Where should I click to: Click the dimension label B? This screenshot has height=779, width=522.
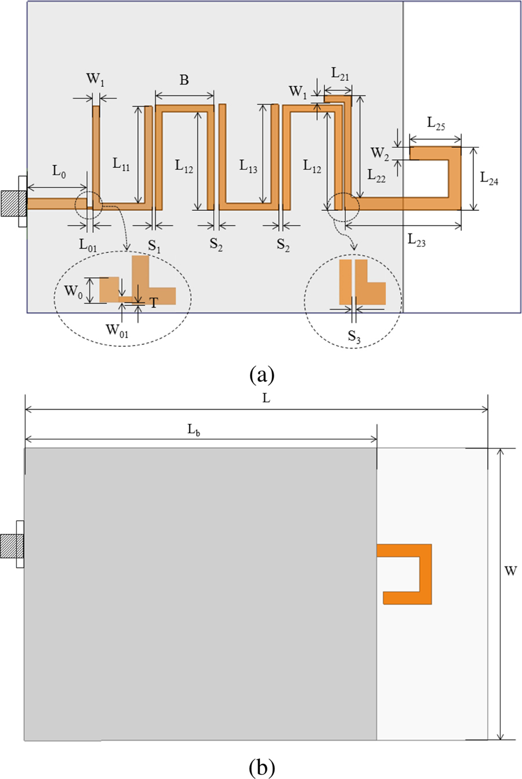point(184,80)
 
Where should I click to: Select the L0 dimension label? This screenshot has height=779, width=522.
point(59,171)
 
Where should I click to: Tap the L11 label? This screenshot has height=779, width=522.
point(121,164)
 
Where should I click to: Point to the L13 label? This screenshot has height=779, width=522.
point(248,167)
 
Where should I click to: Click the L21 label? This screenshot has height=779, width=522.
point(340,74)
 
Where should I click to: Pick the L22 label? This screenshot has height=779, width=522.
point(376,175)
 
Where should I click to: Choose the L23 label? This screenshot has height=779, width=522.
point(416,240)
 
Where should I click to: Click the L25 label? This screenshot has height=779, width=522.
point(436,123)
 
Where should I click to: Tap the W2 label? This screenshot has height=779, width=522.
point(380,153)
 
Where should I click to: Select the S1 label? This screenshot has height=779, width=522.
point(154,246)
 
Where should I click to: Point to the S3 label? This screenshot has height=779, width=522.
point(354,337)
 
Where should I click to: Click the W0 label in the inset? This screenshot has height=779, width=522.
point(72,291)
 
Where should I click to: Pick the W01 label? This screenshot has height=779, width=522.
point(117,331)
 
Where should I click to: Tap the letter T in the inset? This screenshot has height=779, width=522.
point(153,302)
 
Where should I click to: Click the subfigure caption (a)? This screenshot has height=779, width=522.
point(262,375)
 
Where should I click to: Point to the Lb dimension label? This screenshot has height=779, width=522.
point(194,430)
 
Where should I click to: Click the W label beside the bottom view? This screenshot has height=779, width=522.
point(510,571)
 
